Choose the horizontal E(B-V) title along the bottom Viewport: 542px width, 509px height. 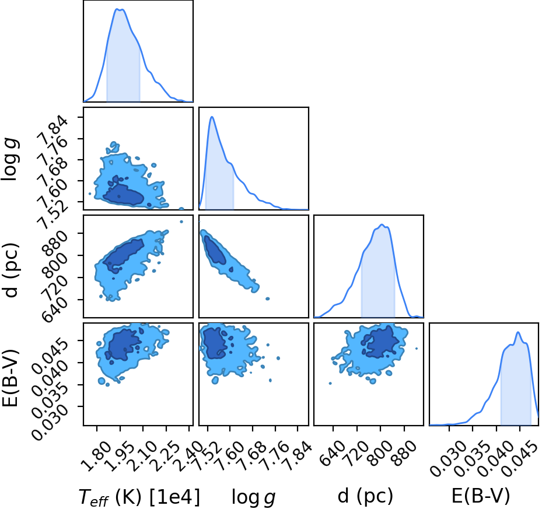(x=481, y=496)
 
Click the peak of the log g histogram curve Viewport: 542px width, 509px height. (x=212, y=117)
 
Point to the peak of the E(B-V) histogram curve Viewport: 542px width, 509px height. (x=518, y=332)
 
